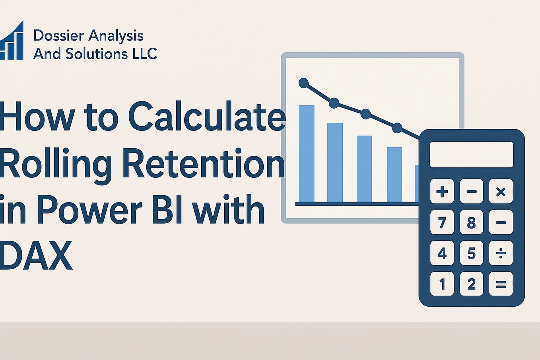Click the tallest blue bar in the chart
coord(306,154)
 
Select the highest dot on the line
coord(303,83)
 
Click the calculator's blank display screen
coord(471,154)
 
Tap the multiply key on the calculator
coord(501,192)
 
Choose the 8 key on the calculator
coord(471,222)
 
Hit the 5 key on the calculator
coord(471,253)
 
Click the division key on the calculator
coord(501,253)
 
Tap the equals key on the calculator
coord(501,284)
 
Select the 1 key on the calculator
coord(442,284)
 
